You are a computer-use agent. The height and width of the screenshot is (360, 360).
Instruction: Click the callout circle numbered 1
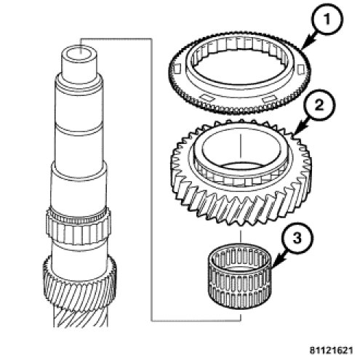(327, 20)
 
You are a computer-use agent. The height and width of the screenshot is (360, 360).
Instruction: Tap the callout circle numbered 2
(319, 105)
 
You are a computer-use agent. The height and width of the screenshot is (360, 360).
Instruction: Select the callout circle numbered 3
(297, 239)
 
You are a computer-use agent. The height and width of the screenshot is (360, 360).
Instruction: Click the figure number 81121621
(331, 351)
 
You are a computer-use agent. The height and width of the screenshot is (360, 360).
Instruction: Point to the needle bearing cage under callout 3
(240, 276)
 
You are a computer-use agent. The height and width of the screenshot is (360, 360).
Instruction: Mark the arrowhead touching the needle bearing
(276, 263)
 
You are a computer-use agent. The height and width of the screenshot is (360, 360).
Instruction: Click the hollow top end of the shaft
(79, 55)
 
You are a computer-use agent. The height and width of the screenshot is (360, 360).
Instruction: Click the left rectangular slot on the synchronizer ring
(177, 68)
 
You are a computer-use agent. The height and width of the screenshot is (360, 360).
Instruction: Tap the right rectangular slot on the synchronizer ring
(300, 70)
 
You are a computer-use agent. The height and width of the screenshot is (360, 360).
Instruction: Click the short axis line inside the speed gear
(240, 146)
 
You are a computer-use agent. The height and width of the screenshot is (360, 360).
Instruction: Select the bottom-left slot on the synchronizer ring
(208, 97)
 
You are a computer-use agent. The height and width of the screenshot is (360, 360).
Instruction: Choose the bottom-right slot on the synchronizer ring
(268, 99)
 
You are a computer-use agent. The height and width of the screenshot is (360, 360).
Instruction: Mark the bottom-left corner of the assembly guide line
(152, 321)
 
